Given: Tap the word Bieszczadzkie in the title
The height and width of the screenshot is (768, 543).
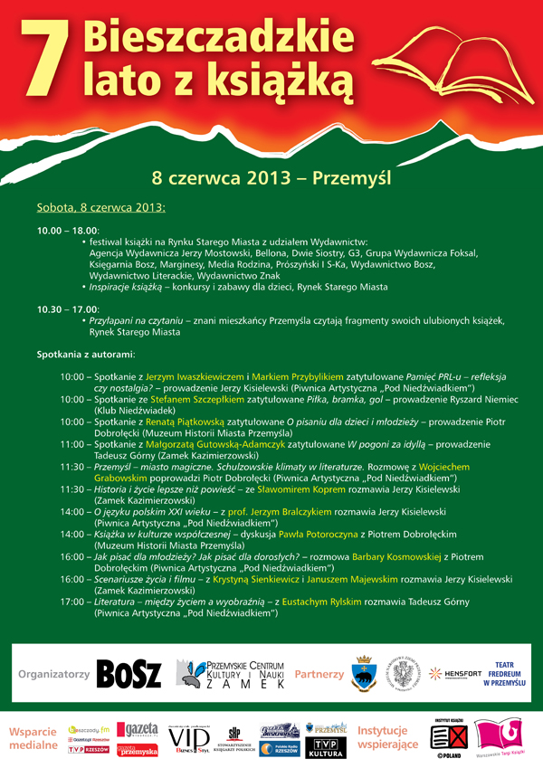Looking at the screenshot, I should (214, 37).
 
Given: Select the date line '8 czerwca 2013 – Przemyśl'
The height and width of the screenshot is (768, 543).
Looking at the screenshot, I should (271, 176).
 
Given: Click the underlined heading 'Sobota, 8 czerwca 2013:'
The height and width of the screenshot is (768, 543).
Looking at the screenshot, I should (101, 208).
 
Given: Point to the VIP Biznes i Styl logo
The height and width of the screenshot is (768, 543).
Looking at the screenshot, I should (190, 741).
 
